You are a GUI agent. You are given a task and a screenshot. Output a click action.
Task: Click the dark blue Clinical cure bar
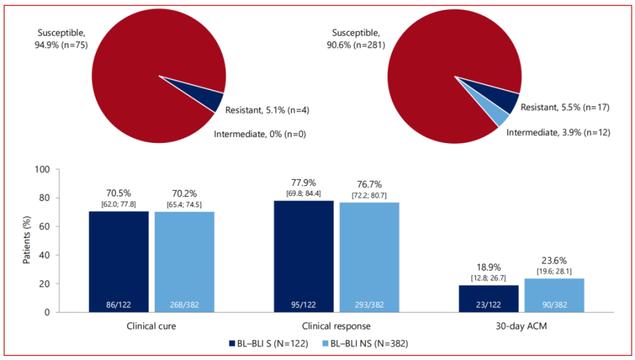click(x=118, y=261)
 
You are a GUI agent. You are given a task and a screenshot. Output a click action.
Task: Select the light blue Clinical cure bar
click(x=185, y=261)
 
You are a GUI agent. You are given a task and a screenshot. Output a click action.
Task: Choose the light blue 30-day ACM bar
click(x=554, y=295)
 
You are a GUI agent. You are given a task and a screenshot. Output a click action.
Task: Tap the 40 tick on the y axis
click(x=44, y=255)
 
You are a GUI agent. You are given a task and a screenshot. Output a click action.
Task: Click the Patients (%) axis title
click(x=27, y=241)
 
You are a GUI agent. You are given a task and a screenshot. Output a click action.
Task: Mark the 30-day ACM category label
click(x=521, y=326)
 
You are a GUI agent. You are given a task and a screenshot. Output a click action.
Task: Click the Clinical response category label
click(x=337, y=326)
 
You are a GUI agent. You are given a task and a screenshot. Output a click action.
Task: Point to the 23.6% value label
click(x=554, y=261)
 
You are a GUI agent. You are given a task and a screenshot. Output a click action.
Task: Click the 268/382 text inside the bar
click(x=185, y=304)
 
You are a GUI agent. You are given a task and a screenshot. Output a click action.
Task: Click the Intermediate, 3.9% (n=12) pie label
click(x=558, y=132)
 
